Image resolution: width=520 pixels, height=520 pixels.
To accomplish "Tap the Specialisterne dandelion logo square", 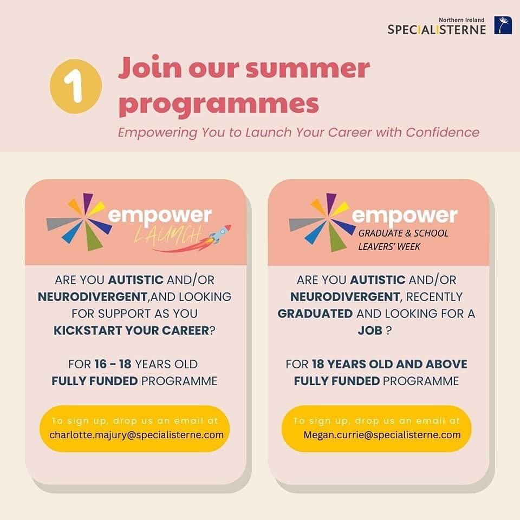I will click(503, 25).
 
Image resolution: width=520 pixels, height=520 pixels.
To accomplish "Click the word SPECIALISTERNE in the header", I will click(437, 30).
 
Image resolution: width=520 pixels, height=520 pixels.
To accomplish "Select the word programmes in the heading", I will click(219, 103).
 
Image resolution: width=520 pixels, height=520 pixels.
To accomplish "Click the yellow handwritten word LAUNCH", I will click(168, 234).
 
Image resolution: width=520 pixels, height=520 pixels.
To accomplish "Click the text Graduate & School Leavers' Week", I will click(404, 240).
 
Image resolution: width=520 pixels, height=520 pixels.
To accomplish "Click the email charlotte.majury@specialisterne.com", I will click(136, 434).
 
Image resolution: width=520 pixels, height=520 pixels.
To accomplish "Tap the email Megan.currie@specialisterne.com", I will click(382, 434).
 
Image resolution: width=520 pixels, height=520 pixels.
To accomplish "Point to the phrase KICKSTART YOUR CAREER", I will click(131, 330).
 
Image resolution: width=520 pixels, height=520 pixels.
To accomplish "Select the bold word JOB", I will click(370, 330).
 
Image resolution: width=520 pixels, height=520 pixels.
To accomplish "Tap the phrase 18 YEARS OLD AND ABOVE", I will click(389, 364).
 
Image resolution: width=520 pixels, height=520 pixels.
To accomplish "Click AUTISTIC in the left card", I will click(135, 280).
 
